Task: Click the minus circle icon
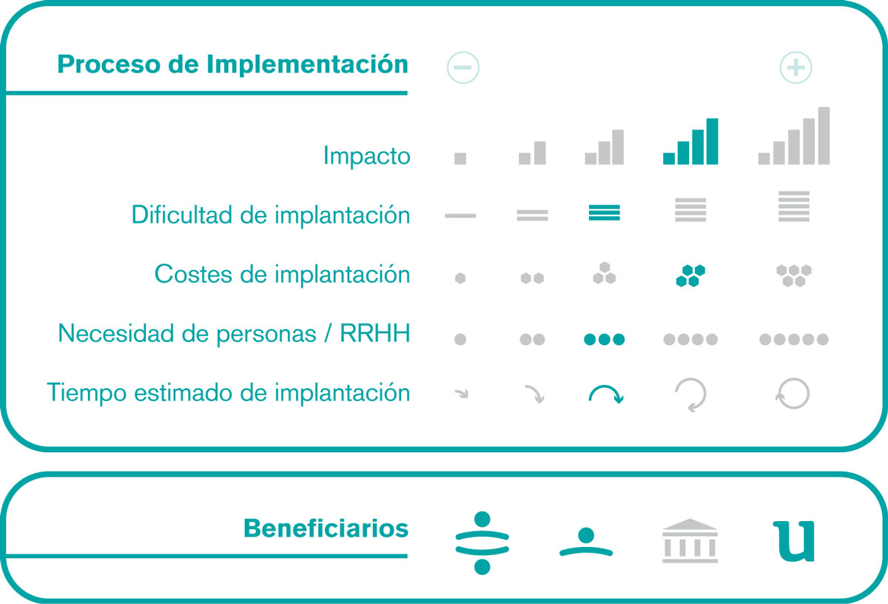[x=462, y=67]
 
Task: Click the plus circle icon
[x=795, y=67]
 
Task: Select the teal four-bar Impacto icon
[x=690, y=141]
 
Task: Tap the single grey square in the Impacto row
[x=460, y=158]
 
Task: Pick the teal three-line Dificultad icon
[x=604, y=212]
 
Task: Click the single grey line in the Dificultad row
[x=460, y=215]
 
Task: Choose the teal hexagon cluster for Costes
[x=690, y=275]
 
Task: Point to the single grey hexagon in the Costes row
[x=460, y=278]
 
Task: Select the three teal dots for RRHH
[x=604, y=340]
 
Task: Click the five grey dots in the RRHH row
[x=793, y=340]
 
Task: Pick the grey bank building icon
[x=690, y=540]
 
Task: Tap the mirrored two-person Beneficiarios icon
[x=482, y=543]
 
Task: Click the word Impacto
[x=367, y=156]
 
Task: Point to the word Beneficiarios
[x=326, y=528]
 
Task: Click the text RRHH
[x=374, y=333]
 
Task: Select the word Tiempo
[x=87, y=392]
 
